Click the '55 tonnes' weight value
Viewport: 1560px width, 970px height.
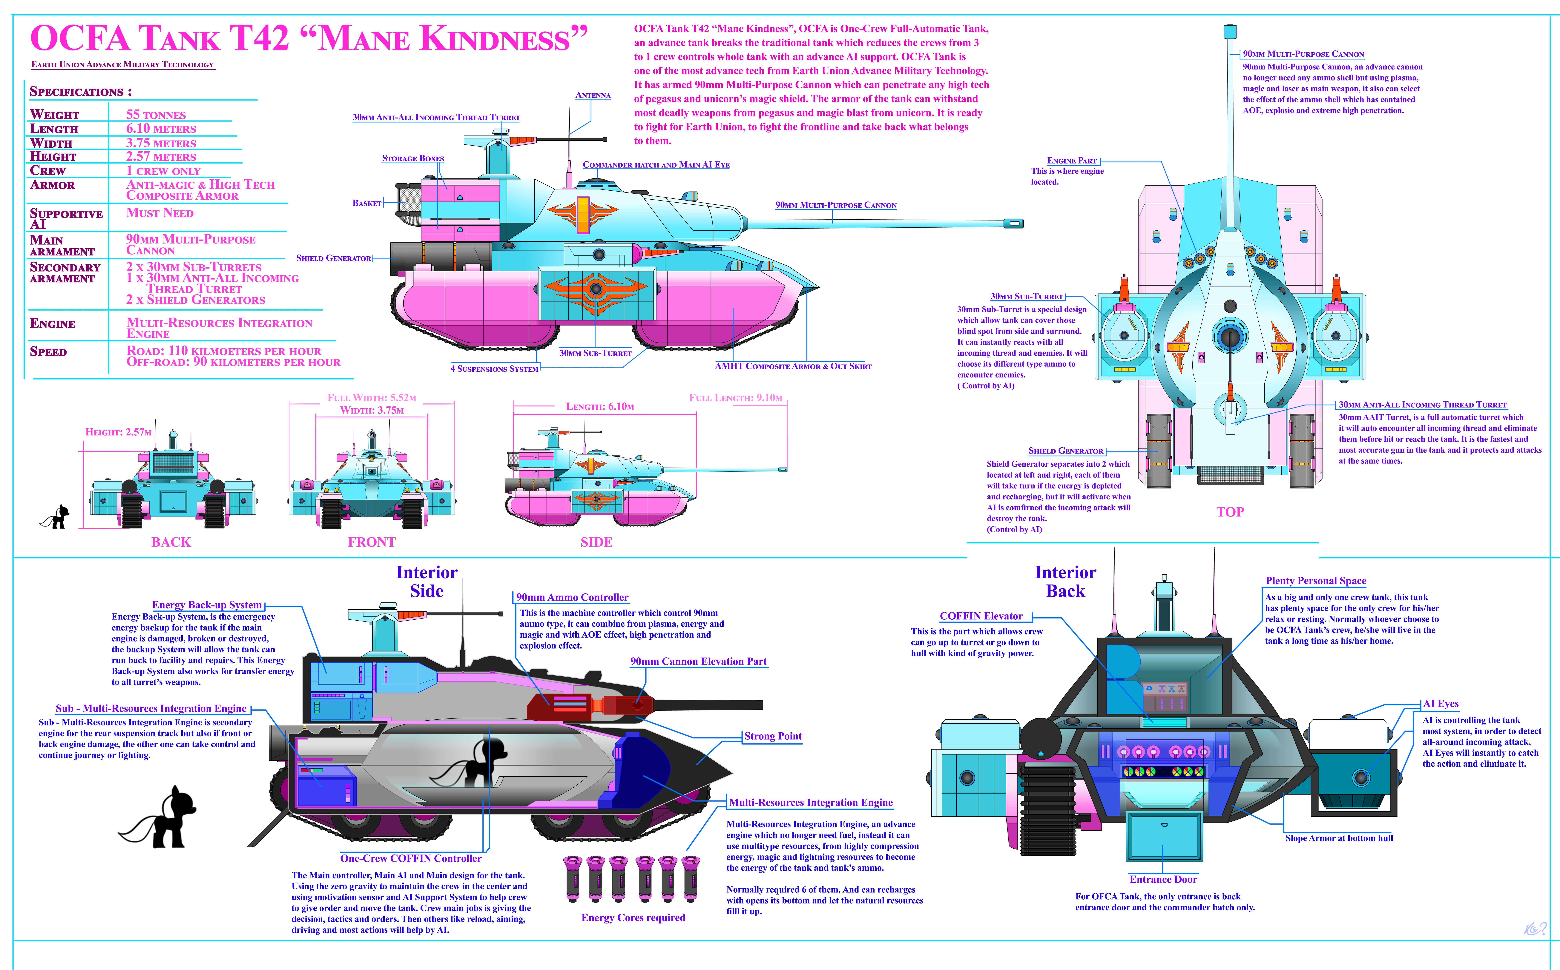156,115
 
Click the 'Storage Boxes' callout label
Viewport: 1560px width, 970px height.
413,158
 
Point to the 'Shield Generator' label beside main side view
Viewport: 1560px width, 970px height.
333,258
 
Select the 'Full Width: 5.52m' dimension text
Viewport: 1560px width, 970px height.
372,398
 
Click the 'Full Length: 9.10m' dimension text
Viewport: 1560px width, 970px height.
736,398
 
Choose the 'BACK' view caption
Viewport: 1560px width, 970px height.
171,542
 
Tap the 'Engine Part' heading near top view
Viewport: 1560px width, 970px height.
1071,161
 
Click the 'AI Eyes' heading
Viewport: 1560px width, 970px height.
1441,704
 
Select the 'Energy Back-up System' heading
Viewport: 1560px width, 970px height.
207,605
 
